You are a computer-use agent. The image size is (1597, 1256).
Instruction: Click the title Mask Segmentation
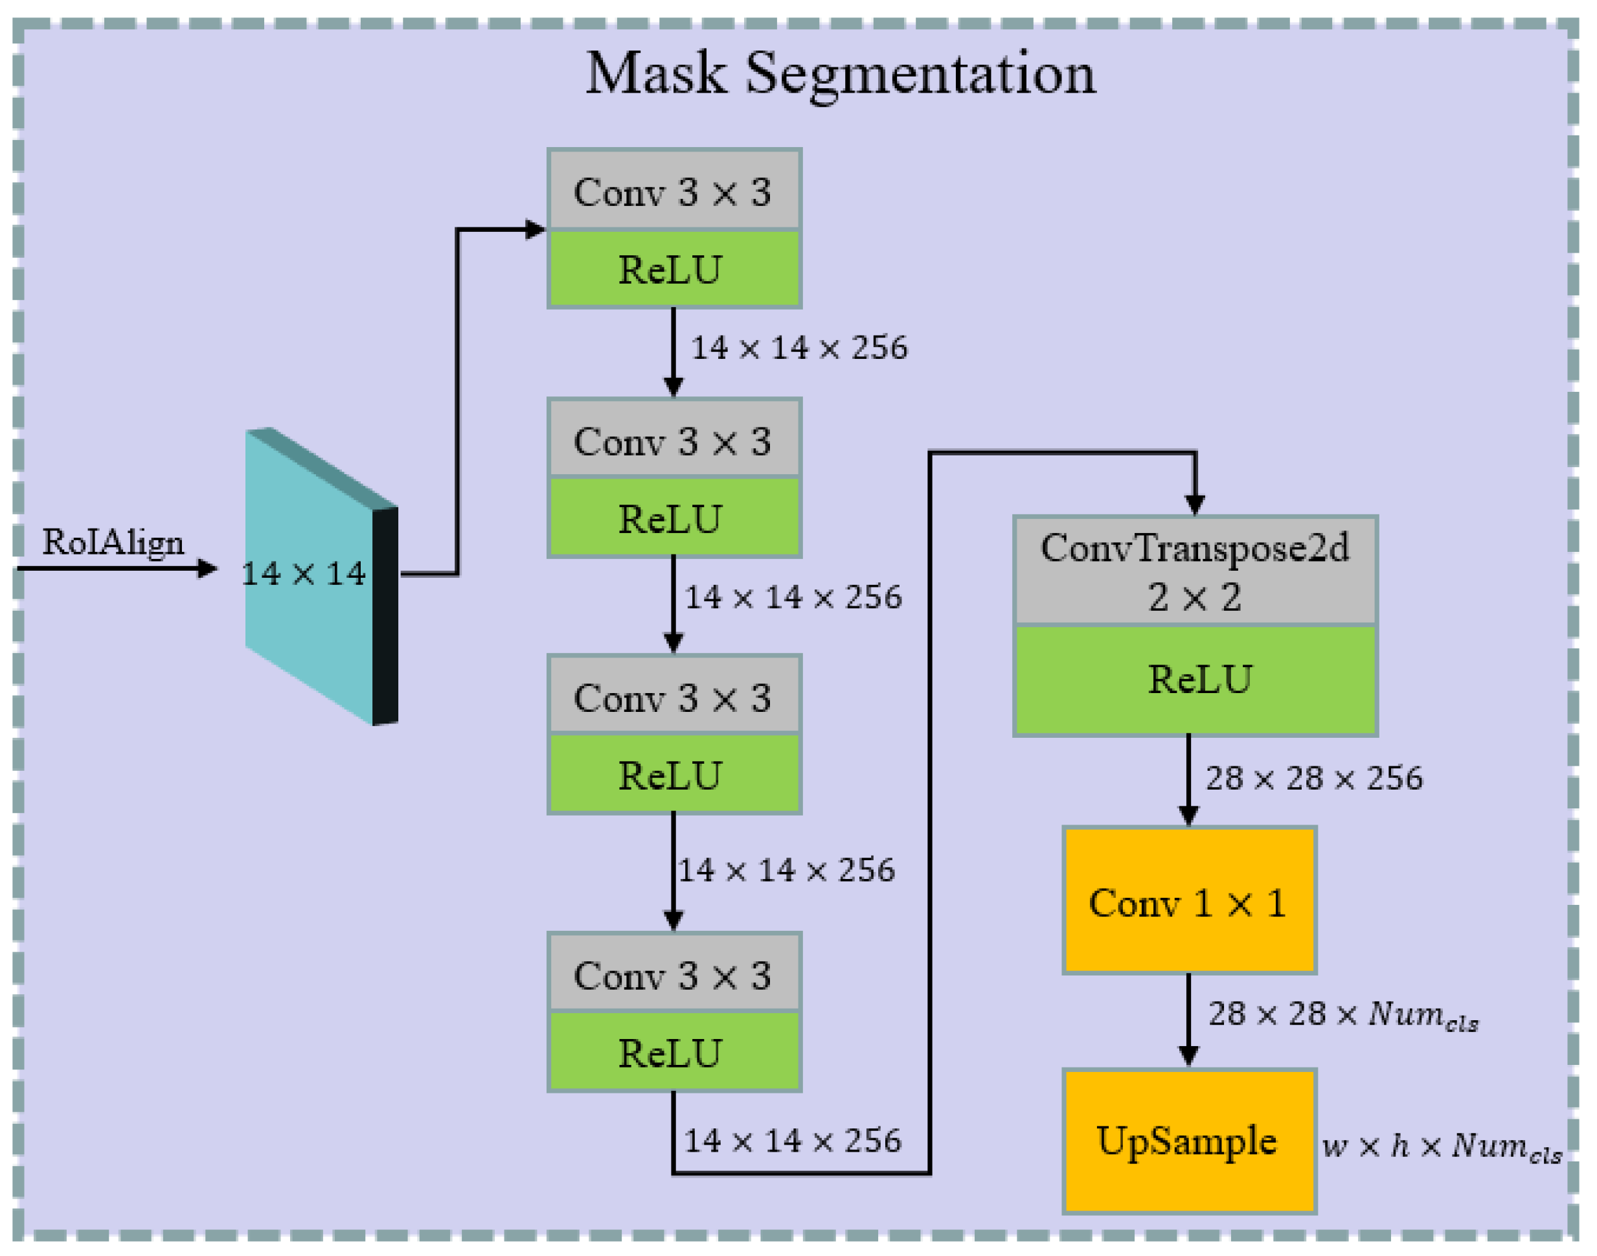(840, 74)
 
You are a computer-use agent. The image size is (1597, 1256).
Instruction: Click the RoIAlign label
(113, 543)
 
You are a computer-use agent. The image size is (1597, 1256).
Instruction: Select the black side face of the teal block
(385, 616)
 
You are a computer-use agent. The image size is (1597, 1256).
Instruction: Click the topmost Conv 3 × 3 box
(674, 191)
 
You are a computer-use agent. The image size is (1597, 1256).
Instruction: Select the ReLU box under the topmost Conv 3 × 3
(674, 270)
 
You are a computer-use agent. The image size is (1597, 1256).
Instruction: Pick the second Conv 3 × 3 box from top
(674, 440)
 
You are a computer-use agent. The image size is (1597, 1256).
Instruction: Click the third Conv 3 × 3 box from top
(674, 697)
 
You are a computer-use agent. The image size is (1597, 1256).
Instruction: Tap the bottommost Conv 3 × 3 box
(674, 975)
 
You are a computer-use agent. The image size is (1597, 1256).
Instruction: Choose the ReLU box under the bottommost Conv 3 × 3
(674, 1053)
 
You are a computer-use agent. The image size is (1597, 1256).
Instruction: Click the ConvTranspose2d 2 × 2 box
(1195, 572)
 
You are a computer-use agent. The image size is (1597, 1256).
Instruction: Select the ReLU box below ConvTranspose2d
(1195, 680)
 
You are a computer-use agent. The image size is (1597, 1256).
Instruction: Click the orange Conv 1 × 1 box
(1189, 902)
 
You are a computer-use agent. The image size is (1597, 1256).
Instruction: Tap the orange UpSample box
(1189, 1142)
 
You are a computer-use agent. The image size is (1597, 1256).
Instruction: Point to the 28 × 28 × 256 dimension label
(1314, 779)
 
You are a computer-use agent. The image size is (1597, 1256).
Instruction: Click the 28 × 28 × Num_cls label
(1342, 1016)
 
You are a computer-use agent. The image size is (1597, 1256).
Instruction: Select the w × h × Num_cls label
(1441, 1147)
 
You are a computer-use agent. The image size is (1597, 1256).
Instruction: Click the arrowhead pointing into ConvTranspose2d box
(1195, 505)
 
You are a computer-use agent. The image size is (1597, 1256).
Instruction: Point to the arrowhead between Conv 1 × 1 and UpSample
(1189, 1056)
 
